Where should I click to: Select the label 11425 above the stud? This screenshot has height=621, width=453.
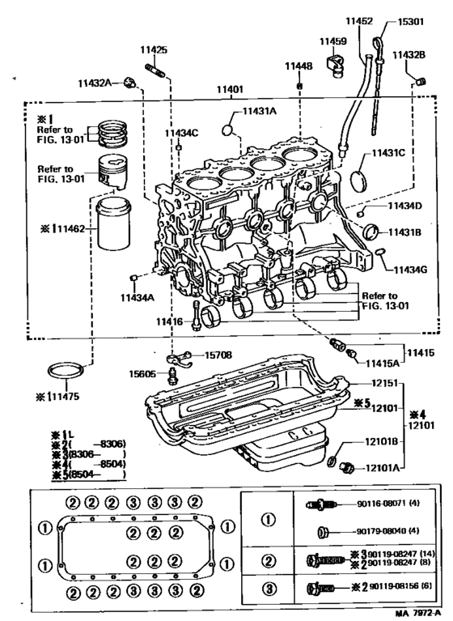pyautogui.click(x=155, y=50)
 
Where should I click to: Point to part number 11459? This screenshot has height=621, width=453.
pyautogui.click(x=332, y=40)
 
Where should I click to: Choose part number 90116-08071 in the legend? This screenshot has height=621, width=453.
pyautogui.click(x=386, y=504)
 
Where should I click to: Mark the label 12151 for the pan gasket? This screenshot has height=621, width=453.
pyautogui.click(x=379, y=383)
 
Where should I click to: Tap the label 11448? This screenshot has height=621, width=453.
pyautogui.click(x=298, y=65)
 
